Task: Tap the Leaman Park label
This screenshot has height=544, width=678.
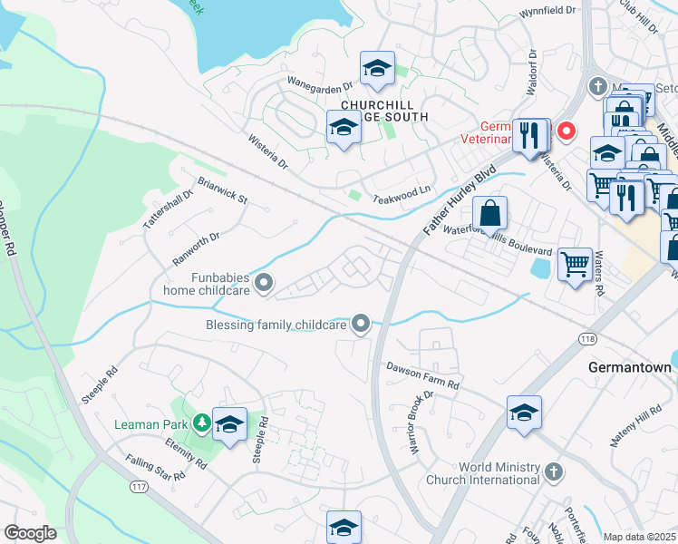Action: (150, 423)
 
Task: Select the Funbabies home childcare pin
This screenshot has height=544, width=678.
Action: (264, 285)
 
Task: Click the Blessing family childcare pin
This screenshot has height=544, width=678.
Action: (361, 324)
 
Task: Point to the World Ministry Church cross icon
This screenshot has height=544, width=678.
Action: (554, 471)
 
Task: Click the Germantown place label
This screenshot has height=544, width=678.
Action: (629, 368)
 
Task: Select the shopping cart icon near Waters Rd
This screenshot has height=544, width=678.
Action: (576, 265)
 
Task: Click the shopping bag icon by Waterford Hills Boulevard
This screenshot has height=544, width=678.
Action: (489, 214)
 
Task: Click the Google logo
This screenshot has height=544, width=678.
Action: (31, 533)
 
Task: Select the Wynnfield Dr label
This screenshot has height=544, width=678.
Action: (548, 11)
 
